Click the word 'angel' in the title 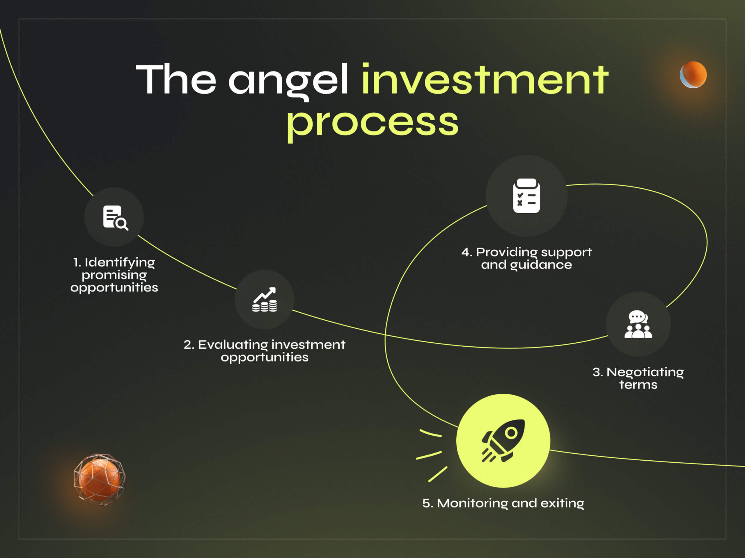(x=288, y=80)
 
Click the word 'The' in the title (x=176, y=79)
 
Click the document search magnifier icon (x=116, y=218)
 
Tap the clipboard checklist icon (x=526, y=196)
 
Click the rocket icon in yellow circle (x=503, y=441)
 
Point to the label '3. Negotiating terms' (x=638, y=378)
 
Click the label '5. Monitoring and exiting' (x=503, y=503)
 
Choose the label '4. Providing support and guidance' (x=526, y=258)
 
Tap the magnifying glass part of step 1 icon (x=121, y=223)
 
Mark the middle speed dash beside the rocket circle (x=429, y=455)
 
